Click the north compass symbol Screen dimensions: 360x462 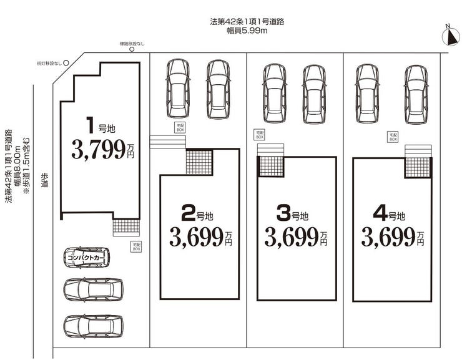tap(450, 36)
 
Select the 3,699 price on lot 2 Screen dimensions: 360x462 tap(196, 236)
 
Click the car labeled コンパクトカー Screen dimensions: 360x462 tap(86, 257)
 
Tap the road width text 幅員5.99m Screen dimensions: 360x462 tap(247, 29)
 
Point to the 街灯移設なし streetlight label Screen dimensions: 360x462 tap(49, 64)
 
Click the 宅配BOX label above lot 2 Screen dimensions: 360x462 tap(180, 127)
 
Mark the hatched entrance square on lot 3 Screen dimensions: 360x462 tap(271, 167)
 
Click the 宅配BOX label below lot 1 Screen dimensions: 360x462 tap(136, 246)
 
